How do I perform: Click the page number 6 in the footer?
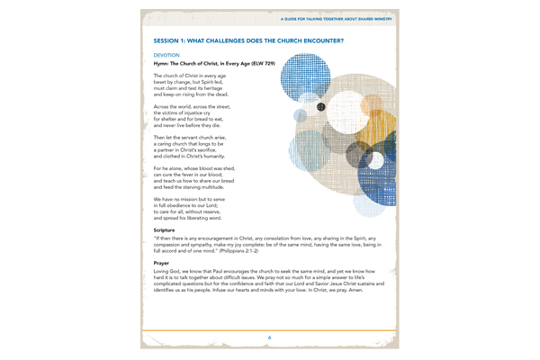pos(270,336)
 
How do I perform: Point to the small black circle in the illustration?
pos(320,108)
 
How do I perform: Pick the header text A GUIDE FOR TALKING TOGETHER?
pos(333,17)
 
